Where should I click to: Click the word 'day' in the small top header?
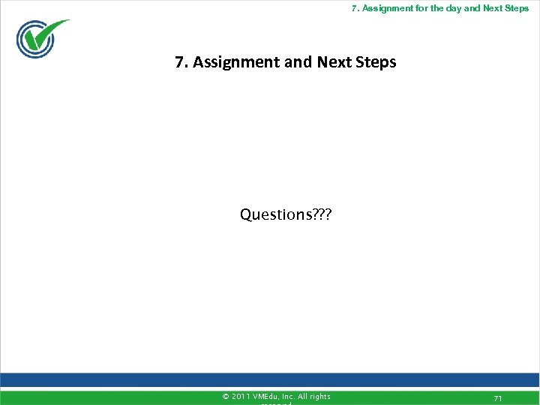pos(451,8)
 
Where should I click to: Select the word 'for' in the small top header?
pos(421,8)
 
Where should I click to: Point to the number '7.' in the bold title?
pos(181,62)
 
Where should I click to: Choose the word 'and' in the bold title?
pos(300,62)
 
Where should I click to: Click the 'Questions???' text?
pos(286,215)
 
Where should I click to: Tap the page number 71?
pos(497,397)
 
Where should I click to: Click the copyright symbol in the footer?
pos(226,397)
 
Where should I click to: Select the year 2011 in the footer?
pos(241,397)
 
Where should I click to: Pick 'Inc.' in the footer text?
pos(289,397)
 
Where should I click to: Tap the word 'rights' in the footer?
pos(321,397)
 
